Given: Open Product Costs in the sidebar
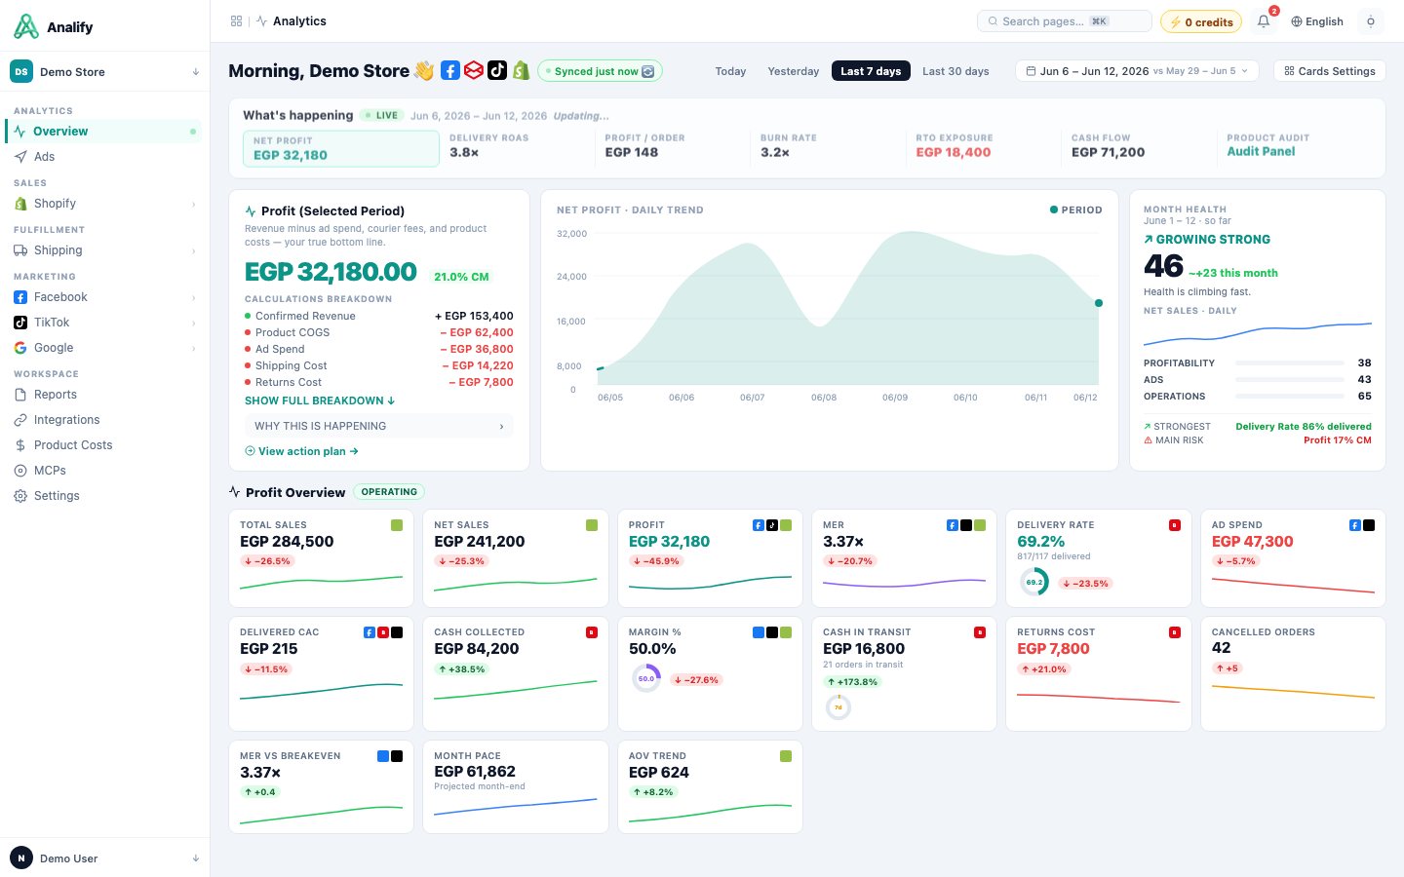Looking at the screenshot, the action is [73, 444].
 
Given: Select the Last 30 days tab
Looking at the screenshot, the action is [955, 71].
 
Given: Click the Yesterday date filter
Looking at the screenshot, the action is [793, 71].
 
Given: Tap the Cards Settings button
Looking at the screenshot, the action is [1330, 71].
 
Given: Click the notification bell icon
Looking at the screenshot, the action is [1264, 21].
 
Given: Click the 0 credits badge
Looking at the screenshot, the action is [1201, 21].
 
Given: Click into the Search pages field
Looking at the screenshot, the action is [1065, 21].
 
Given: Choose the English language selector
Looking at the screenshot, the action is [1317, 21].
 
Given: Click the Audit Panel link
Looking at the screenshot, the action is [1261, 152].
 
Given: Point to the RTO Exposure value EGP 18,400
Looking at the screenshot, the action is [954, 152].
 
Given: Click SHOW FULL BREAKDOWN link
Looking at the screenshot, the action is [320, 400].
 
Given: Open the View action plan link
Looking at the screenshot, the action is [301, 451].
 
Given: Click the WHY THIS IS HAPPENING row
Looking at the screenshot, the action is [378, 426].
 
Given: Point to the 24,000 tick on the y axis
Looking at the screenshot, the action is [571, 277].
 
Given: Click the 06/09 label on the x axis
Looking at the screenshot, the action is [894, 398].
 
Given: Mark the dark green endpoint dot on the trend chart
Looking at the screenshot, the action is [1098, 303].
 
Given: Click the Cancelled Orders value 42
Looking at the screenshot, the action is [1221, 648].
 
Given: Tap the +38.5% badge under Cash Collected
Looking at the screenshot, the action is [461, 669].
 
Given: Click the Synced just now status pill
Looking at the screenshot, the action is [600, 71].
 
